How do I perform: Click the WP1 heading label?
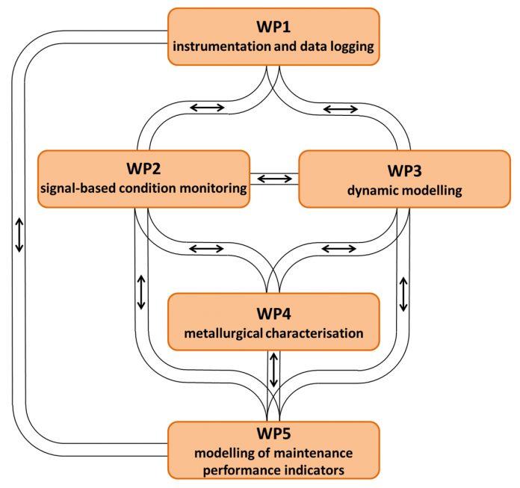[273, 27]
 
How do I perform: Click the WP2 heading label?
[143, 169]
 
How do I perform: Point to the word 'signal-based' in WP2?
[78, 188]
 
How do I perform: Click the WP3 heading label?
[405, 171]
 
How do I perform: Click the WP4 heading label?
[273, 314]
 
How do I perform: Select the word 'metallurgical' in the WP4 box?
[223, 333]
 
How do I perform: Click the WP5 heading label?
[273, 433]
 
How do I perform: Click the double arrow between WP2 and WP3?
[275, 179]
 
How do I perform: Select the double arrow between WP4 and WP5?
[273, 370]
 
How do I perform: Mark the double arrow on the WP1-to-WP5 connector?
[19, 235]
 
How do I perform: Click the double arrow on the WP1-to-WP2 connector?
[207, 108]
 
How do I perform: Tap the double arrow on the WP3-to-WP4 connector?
[339, 248]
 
